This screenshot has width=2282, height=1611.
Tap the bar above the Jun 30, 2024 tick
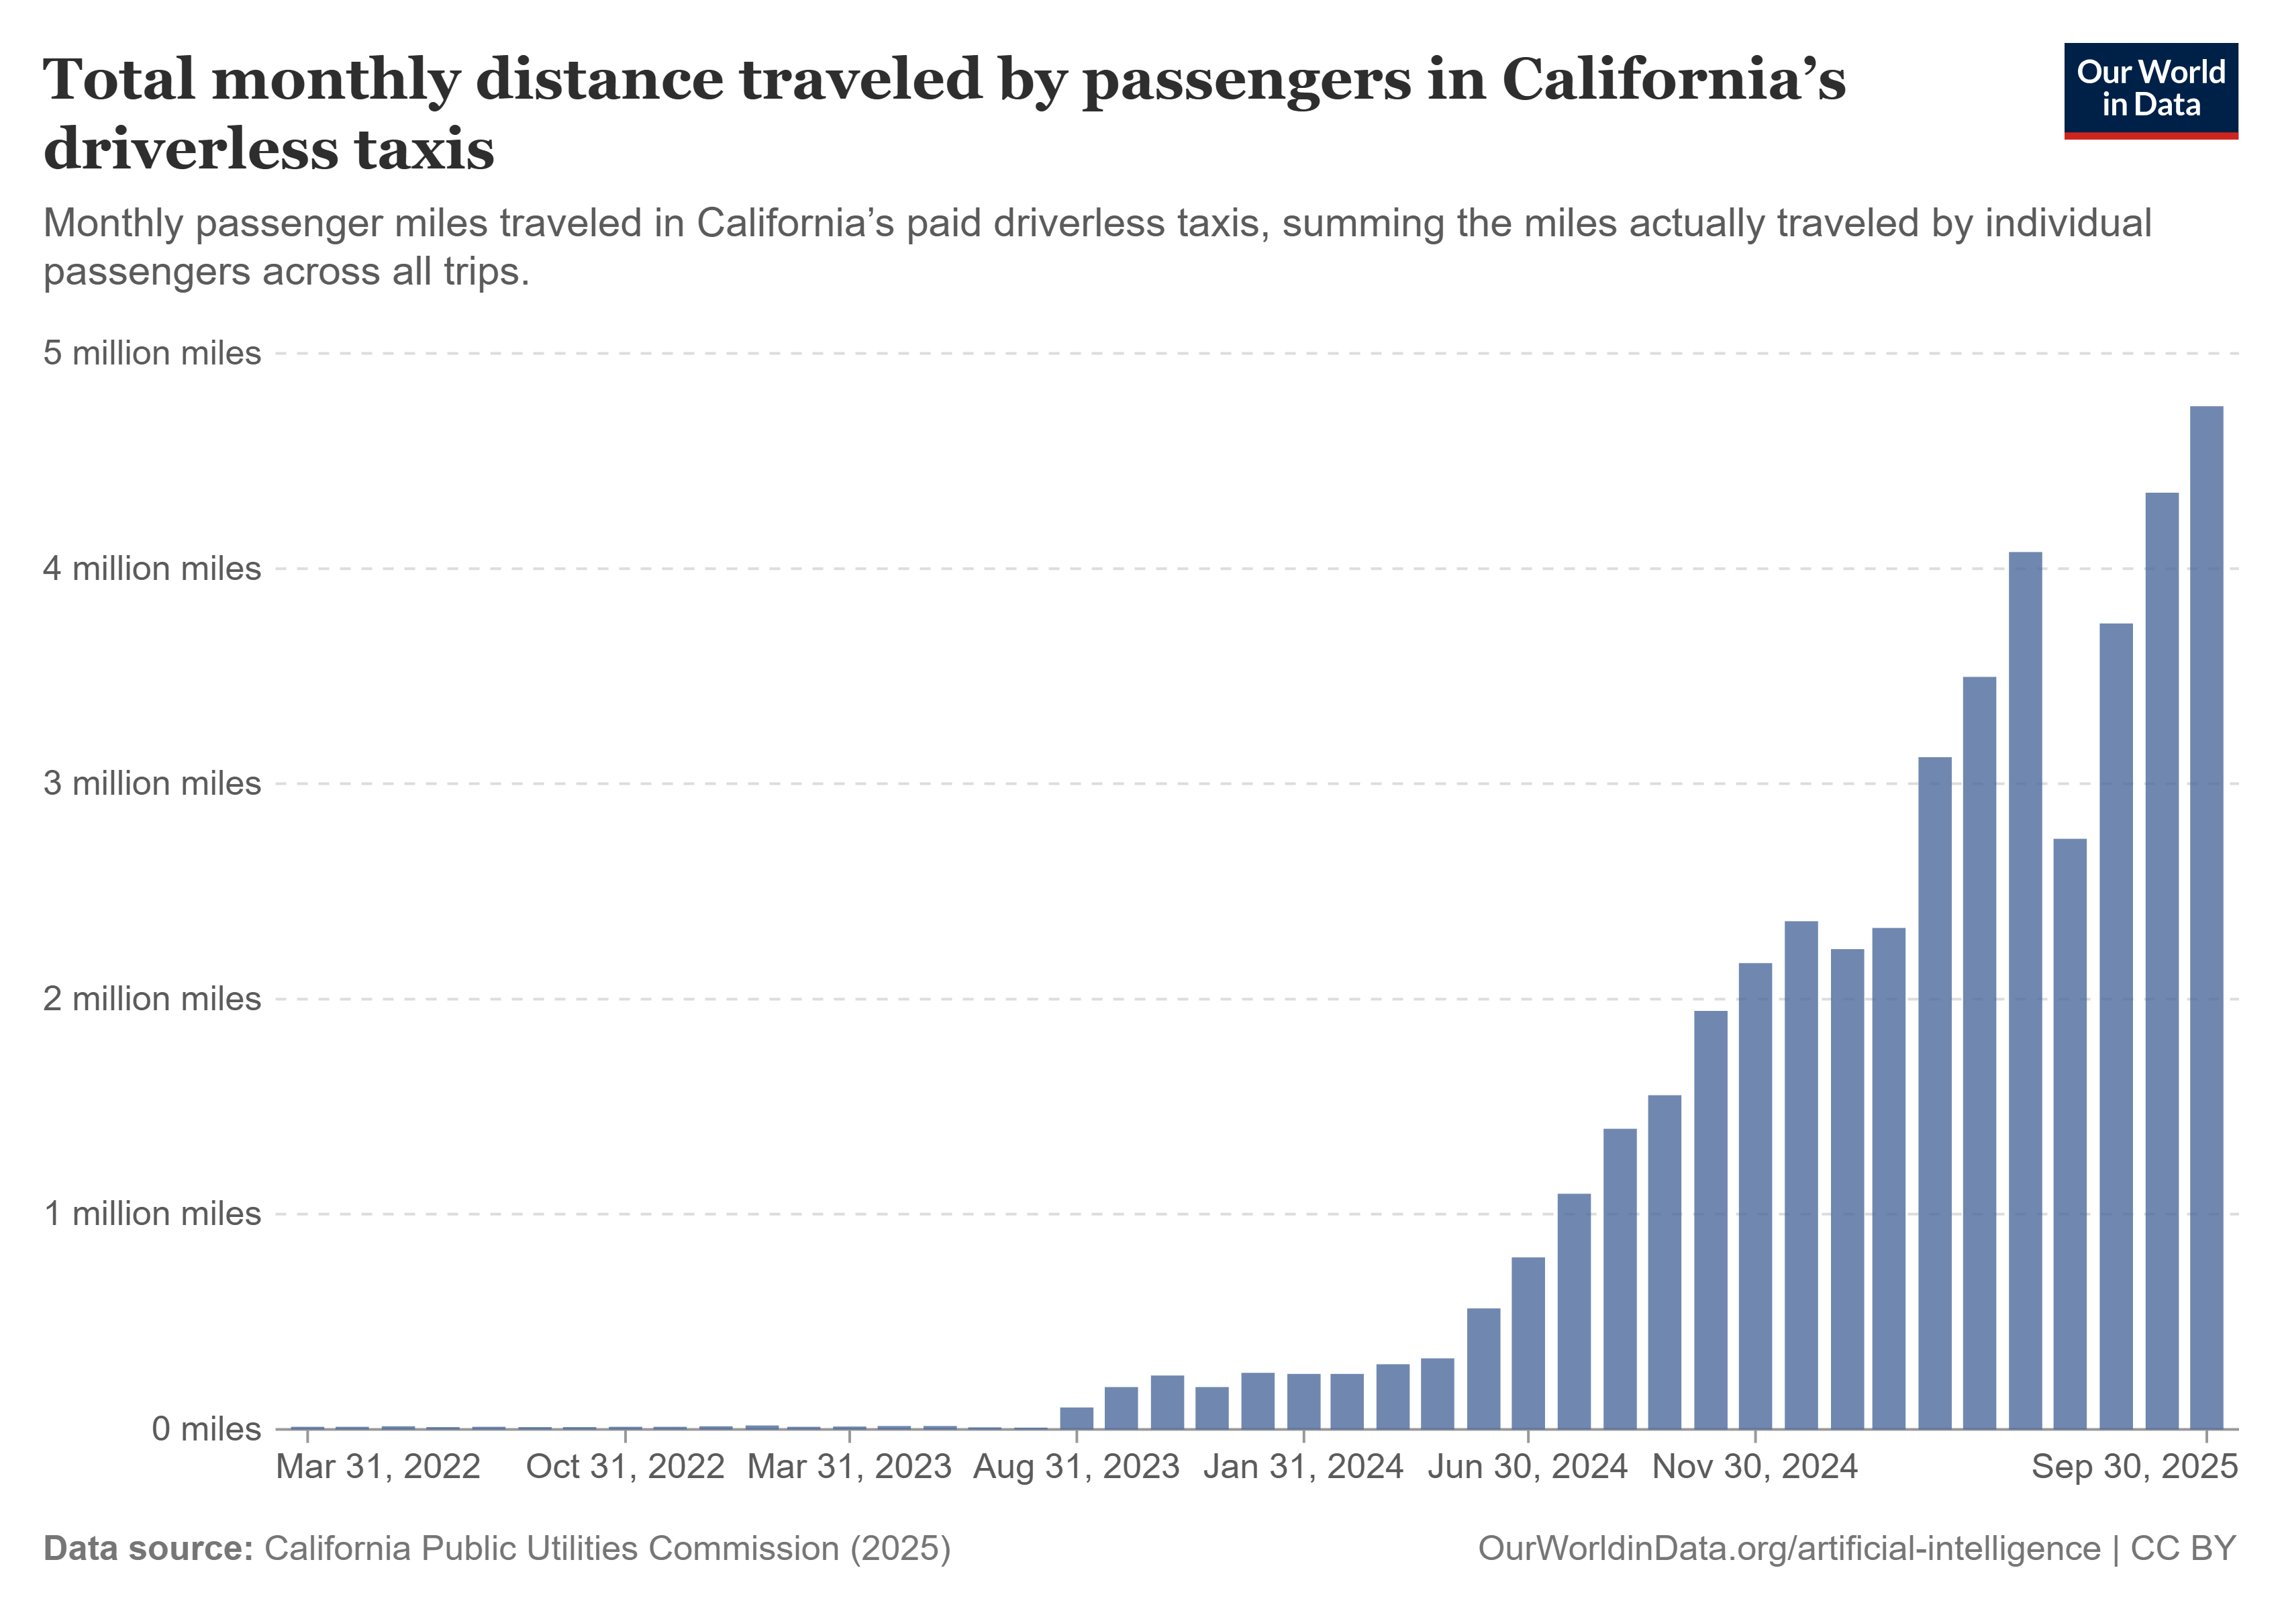coord(1528,1342)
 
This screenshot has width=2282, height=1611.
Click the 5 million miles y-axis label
coord(152,353)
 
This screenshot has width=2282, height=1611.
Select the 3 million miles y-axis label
coord(152,783)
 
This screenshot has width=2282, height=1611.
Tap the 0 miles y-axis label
coord(206,1428)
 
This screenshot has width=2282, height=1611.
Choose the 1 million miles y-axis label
coord(152,1214)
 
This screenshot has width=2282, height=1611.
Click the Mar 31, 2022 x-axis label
coord(378,1467)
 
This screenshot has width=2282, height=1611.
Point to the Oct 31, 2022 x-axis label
coord(625,1467)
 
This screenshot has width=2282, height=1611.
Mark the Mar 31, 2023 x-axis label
coord(850,1467)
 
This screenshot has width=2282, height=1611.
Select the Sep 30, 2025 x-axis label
coord(2134,1467)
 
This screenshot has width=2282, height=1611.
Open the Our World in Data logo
coord(2151,89)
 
